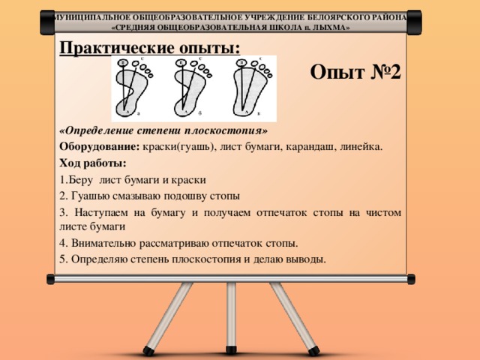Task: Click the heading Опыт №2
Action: [x=355, y=73]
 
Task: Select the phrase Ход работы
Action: [x=91, y=163]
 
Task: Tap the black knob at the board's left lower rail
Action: [x=50, y=279]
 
